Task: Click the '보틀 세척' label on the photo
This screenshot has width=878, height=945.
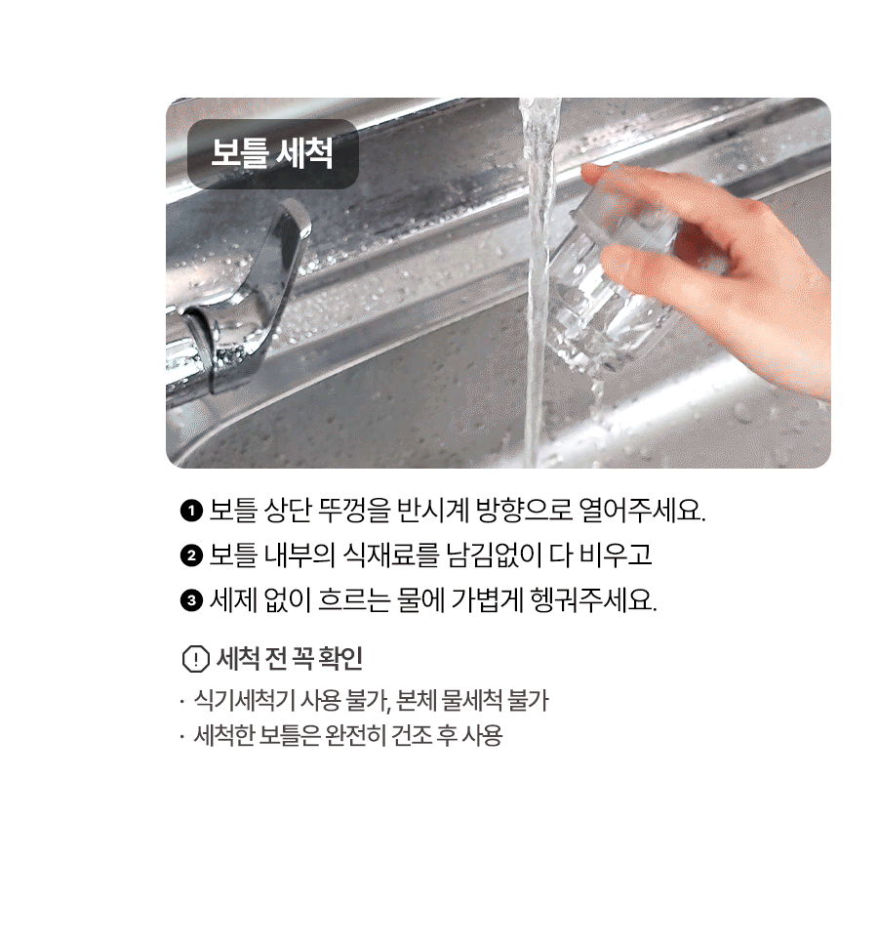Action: [x=271, y=153]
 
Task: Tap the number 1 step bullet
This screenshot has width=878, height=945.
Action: [x=191, y=512]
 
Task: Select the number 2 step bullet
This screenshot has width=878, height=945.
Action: [x=191, y=555]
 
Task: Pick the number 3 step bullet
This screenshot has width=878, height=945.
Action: [x=191, y=600]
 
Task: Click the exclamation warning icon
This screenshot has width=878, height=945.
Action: [x=196, y=658]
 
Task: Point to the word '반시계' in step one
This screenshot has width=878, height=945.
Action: [x=432, y=511]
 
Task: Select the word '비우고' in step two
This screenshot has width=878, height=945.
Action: [x=615, y=555]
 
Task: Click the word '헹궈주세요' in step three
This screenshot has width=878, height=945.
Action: [x=593, y=599]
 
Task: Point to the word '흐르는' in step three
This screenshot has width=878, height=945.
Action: [x=353, y=599]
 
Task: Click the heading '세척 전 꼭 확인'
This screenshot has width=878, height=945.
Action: [x=289, y=658]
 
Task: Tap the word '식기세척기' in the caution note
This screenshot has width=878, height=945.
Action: [x=244, y=700]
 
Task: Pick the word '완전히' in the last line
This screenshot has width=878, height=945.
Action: [x=355, y=735]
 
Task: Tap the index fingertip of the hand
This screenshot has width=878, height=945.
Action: [x=593, y=175]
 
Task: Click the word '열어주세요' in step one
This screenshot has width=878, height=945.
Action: [x=641, y=511]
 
